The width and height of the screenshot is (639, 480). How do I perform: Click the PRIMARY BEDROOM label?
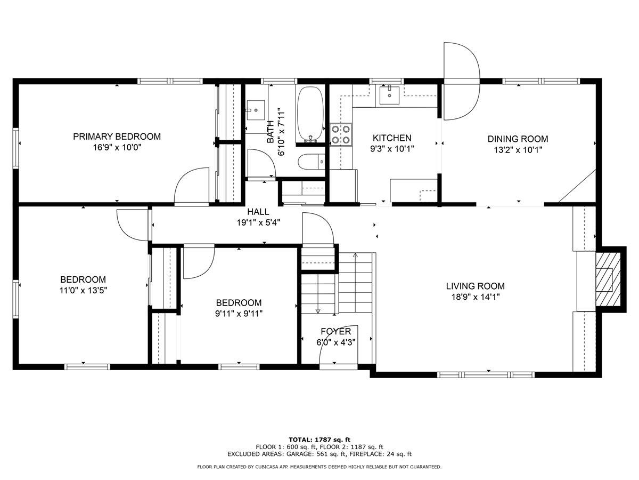click(117, 137)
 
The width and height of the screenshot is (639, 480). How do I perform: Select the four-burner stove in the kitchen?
click(341, 134)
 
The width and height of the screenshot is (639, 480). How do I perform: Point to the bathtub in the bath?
click(310, 114)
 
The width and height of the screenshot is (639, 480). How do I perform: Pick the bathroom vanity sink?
click(256, 110)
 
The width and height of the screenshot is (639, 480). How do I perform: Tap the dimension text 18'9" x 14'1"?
click(475, 297)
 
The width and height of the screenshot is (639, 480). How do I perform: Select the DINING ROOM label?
click(518, 139)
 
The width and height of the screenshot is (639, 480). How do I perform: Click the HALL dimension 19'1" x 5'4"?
click(258, 222)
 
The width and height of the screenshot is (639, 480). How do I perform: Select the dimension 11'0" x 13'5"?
click(83, 291)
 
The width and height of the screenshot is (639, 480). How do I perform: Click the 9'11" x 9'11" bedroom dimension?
click(238, 314)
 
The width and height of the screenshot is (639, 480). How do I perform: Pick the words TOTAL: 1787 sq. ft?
click(319, 439)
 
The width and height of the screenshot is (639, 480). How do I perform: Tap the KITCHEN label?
click(391, 138)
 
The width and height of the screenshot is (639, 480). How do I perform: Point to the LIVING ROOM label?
click(475, 286)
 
